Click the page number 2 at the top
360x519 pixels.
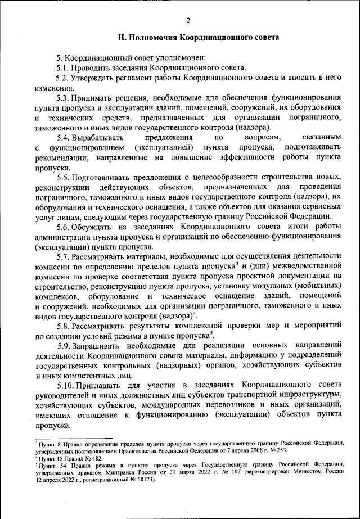188,21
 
